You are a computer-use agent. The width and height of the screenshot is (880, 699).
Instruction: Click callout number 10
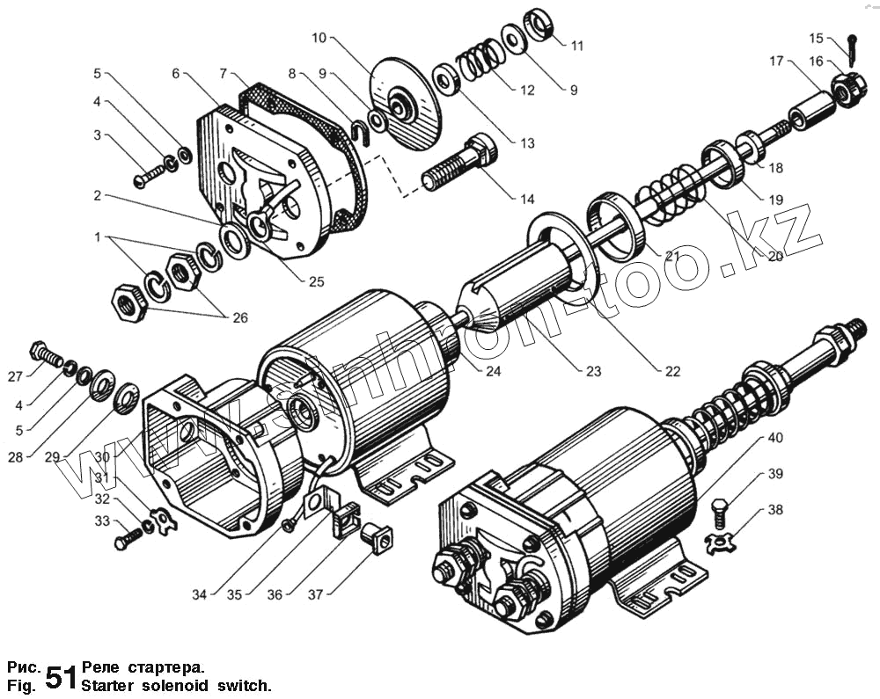319,38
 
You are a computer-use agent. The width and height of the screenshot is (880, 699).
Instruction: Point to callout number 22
672,371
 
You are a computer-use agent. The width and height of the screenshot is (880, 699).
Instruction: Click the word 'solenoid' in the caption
166,684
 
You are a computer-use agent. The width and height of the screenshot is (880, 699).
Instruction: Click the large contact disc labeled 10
405,105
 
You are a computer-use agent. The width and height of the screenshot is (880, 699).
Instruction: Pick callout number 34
201,595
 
